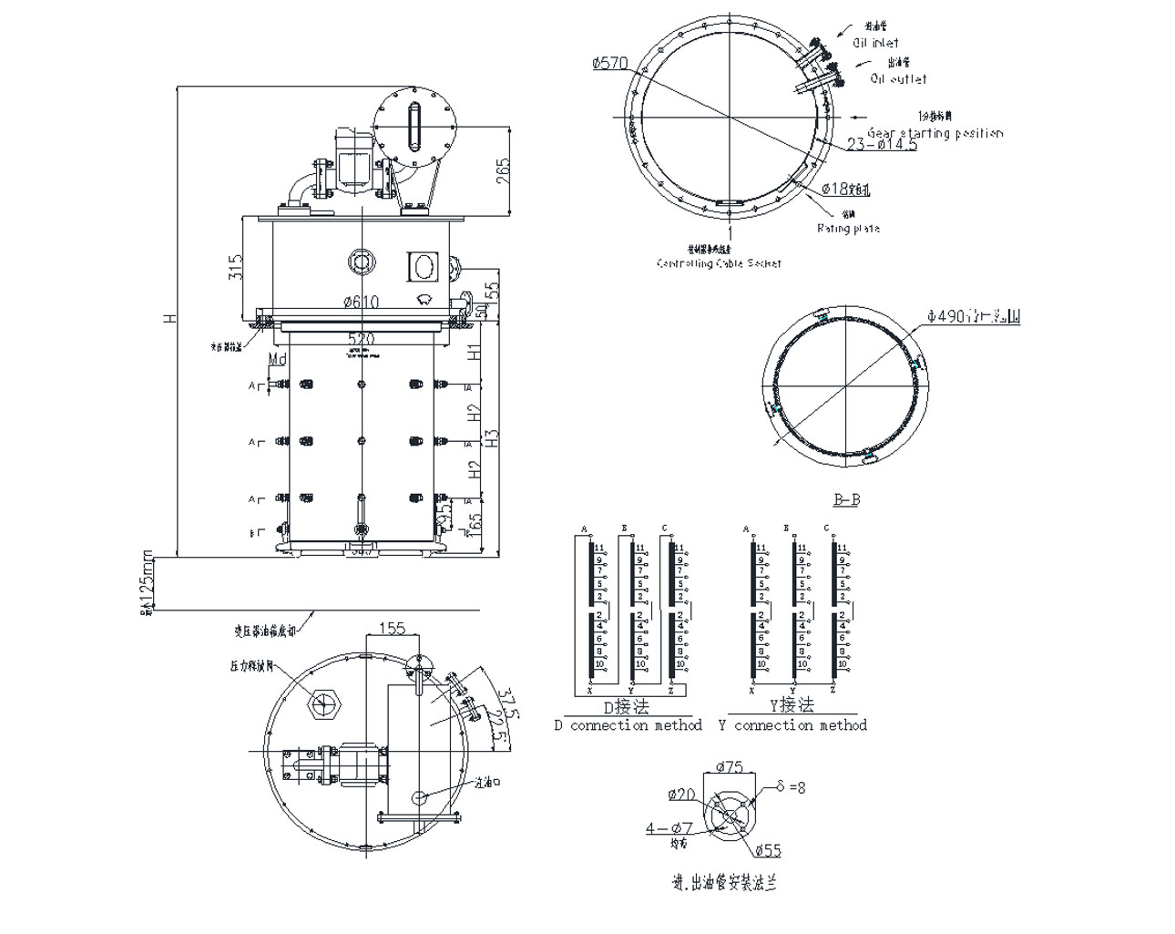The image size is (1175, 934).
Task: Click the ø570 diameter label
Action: [x=609, y=63]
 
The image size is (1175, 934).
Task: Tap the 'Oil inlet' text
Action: [x=874, y=43]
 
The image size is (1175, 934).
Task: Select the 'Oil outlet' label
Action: [x=898, y=79]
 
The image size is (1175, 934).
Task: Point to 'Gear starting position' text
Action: [x=935, y=133]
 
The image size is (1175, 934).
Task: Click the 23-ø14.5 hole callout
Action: [x=882, y=145]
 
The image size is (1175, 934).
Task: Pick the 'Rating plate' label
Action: [x=848, y=228]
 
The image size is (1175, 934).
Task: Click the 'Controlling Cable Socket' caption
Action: [x=719, y=263]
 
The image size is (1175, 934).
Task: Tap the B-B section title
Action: [x=846, y=499]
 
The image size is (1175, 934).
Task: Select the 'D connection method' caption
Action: [x=628, y=725]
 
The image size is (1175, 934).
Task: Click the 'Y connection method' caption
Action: [x=792, y=725]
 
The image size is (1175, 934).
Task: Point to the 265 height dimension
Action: [x=503, y=170]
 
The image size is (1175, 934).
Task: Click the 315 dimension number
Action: [x=235, y=267]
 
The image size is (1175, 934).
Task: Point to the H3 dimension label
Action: [x=492, y=437]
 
